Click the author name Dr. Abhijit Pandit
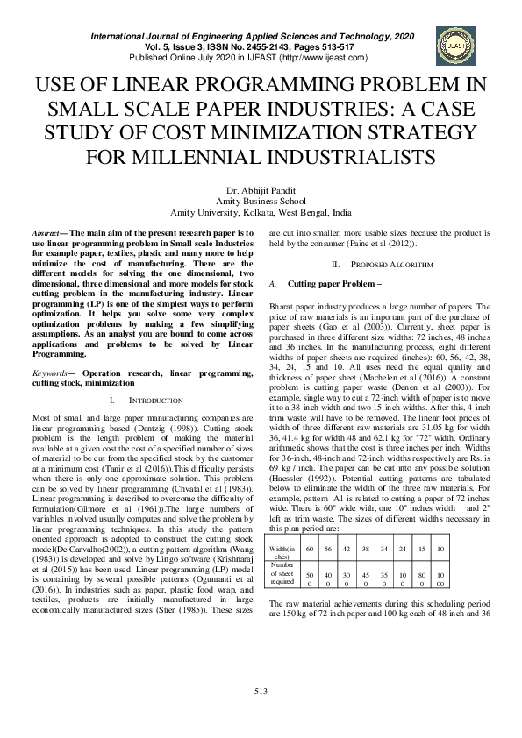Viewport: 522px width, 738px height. click(261, 190)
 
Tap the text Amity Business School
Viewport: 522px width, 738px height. click(261, 201)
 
